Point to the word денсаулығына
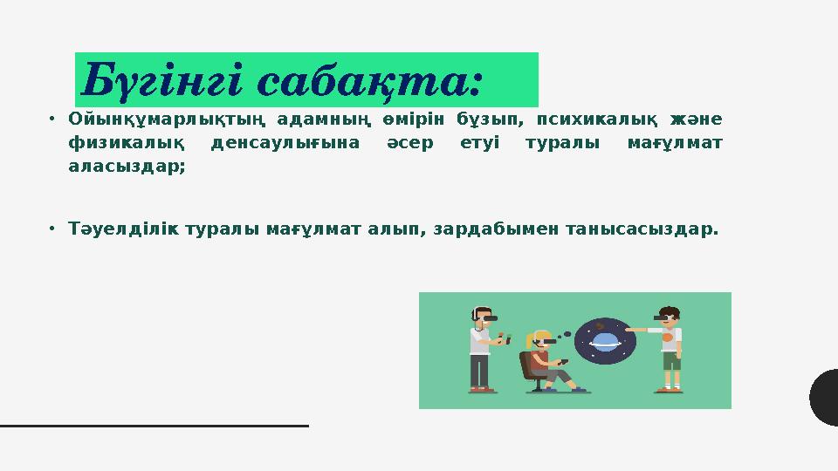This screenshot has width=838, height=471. [285, 143]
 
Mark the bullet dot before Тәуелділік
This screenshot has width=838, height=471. [52, 229]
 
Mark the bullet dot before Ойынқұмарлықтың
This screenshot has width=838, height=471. [52, 119]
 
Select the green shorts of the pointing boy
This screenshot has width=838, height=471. [670, 360]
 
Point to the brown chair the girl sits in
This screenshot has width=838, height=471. [527, 366]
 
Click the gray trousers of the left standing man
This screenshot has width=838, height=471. [480, 371]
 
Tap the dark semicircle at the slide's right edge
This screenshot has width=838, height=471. [825, 397]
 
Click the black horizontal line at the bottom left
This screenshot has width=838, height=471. [154, 426]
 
